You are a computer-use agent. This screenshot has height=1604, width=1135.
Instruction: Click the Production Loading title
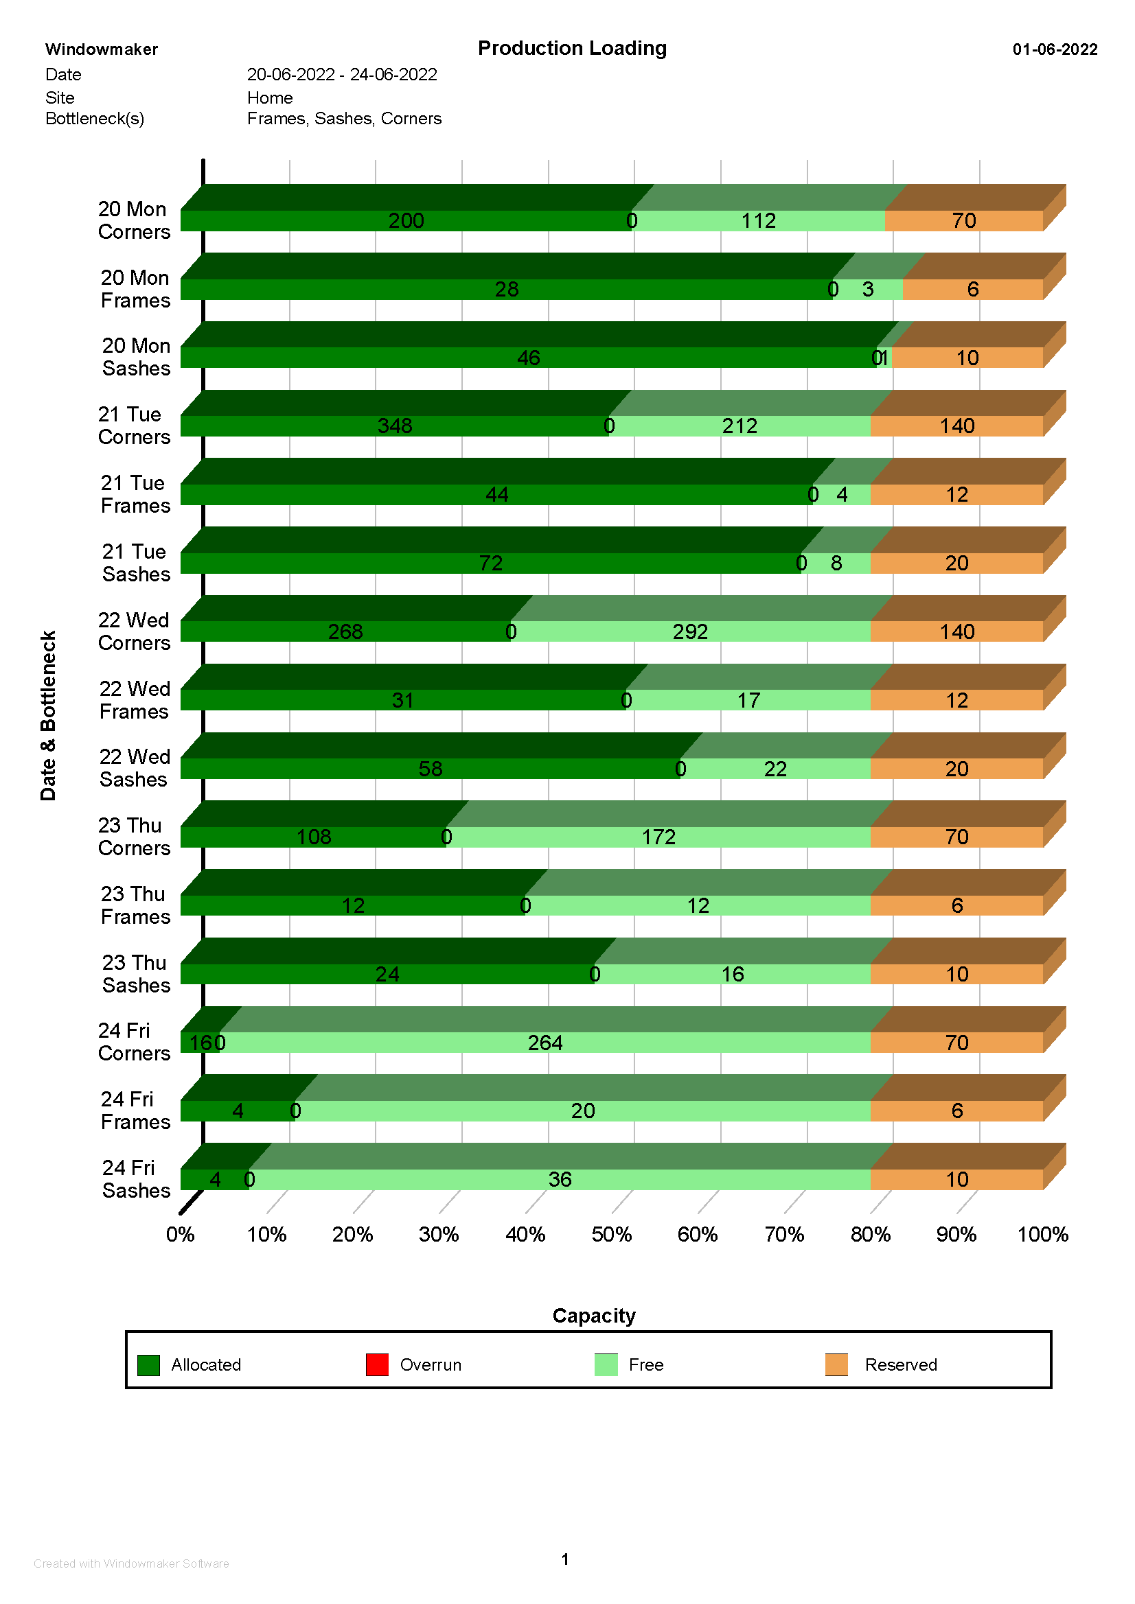point(572,48)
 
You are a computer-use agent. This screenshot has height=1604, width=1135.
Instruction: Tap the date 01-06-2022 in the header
point(1054,49)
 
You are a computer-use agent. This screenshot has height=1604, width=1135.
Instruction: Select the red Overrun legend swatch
point(377,1364)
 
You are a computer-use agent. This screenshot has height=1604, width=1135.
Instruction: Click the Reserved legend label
point(900,1364)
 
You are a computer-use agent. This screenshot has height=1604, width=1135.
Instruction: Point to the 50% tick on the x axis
point(612,1235)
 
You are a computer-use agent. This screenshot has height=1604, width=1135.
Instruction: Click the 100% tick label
point(1042,1235)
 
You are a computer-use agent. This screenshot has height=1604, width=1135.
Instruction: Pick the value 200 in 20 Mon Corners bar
point(406,221)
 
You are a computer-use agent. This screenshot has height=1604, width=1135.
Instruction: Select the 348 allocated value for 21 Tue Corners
point(395,426)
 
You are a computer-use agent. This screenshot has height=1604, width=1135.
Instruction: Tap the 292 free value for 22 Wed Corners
point(690,631)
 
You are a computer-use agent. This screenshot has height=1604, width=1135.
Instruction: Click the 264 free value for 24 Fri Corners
point(544,1043)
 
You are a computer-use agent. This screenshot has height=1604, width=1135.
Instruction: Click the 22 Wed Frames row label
point(134,700)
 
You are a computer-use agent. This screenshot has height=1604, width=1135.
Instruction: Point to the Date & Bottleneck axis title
point(48,715)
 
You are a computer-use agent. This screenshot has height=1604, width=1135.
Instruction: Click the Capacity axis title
point(593,1316)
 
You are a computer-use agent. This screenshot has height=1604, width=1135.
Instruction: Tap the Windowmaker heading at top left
point(102,49)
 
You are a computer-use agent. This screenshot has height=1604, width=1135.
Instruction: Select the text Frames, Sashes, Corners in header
point(344,119)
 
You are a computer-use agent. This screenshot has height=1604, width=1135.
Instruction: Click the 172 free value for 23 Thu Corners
point(658,837)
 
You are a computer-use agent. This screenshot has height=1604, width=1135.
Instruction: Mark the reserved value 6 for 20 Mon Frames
point(972,289)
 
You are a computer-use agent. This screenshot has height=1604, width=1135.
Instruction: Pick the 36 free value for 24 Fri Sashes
point(560,1179)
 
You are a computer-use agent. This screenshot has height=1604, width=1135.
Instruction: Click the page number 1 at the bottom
point(564,1559)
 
